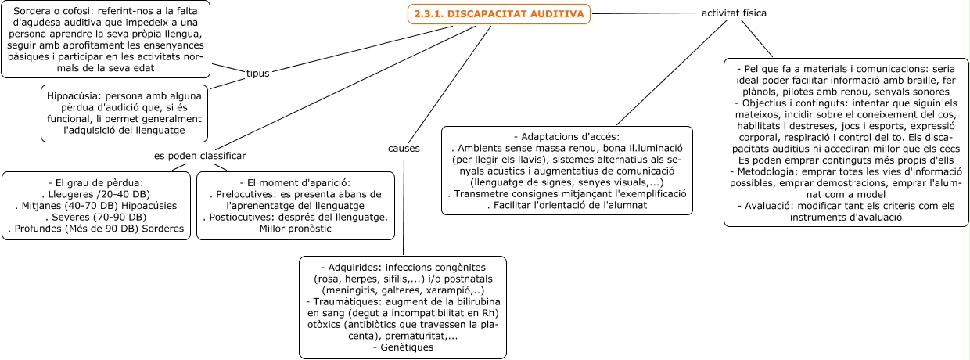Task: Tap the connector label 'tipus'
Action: [x=257, y=73]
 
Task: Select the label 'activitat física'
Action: [x=734, y=13]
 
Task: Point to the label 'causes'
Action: [x=404, y=148]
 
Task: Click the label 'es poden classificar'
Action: [x=199, y=155]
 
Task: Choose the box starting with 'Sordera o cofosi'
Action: [x=106, y=39]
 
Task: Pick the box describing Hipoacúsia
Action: [x=124, y=113]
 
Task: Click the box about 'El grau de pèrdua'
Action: [x=96, y=205]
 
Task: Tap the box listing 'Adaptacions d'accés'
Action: [x=567, y=170]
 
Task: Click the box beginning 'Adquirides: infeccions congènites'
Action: [x=403, y=307]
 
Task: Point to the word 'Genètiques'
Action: [x=403, y=347]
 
